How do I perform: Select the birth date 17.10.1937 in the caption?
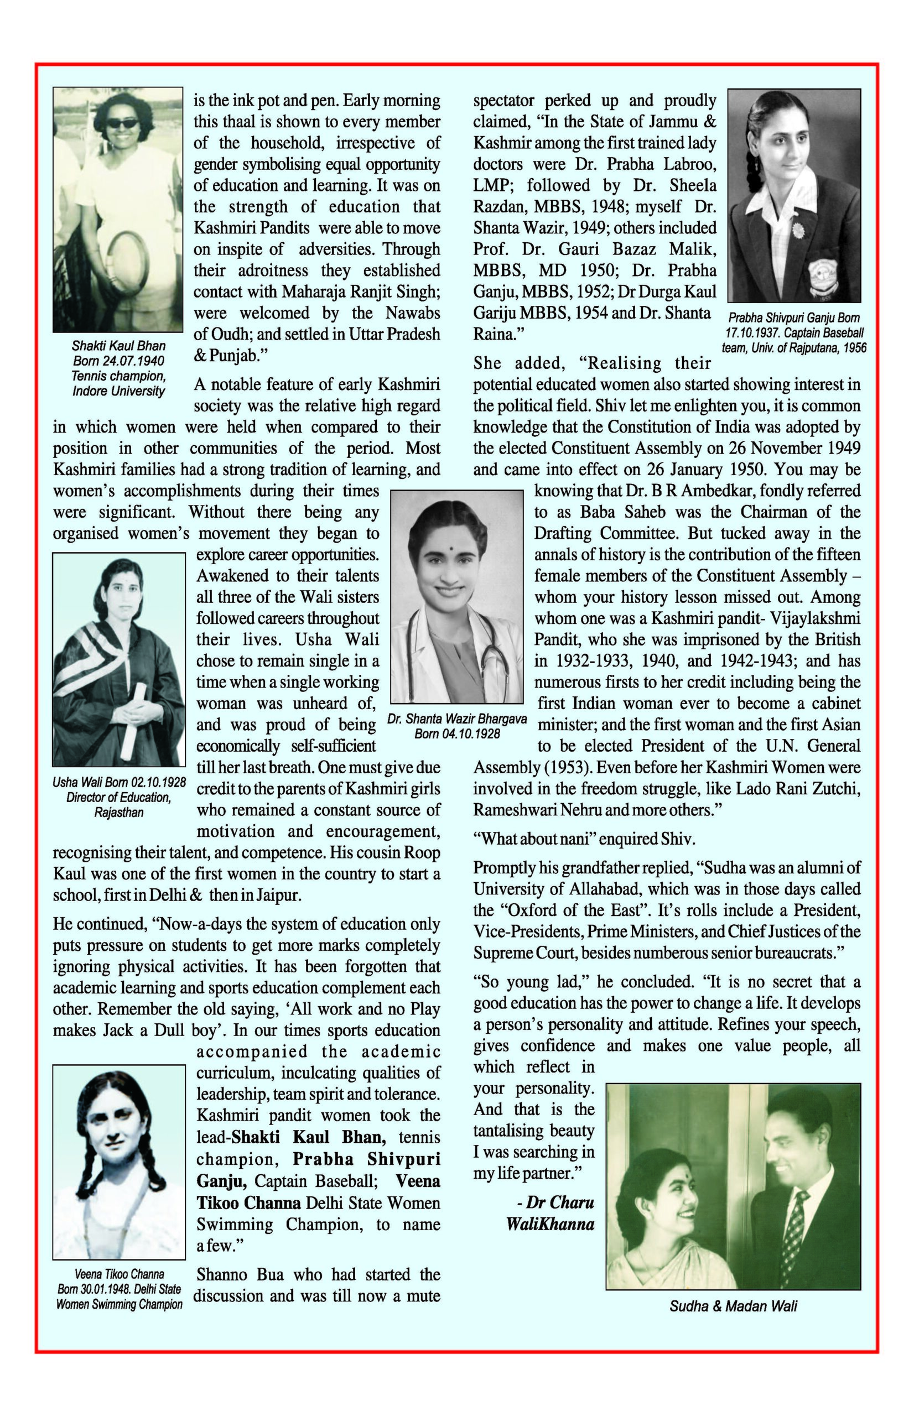pos(752,333)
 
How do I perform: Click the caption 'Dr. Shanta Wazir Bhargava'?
pos(457,719)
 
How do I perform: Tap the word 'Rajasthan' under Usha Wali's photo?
pos(119,812)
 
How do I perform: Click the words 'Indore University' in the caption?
pos(119,391)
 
